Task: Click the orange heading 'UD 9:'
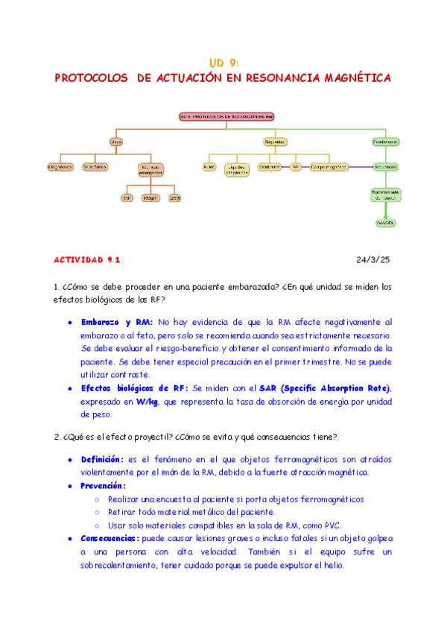pos(223,63)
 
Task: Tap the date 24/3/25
pos(375,259)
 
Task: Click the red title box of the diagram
pos(226,116)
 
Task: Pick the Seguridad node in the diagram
pos(275,141)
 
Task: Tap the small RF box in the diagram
pos(296,167)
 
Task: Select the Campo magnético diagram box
pos(329,167)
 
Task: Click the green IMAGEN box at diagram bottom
pos(386,222)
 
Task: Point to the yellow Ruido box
pos(209,167)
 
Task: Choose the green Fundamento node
pos(386,141)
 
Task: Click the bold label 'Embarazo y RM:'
pos(117,322)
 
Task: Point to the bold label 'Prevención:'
pos(104,485)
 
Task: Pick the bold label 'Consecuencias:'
pos(111,538)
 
